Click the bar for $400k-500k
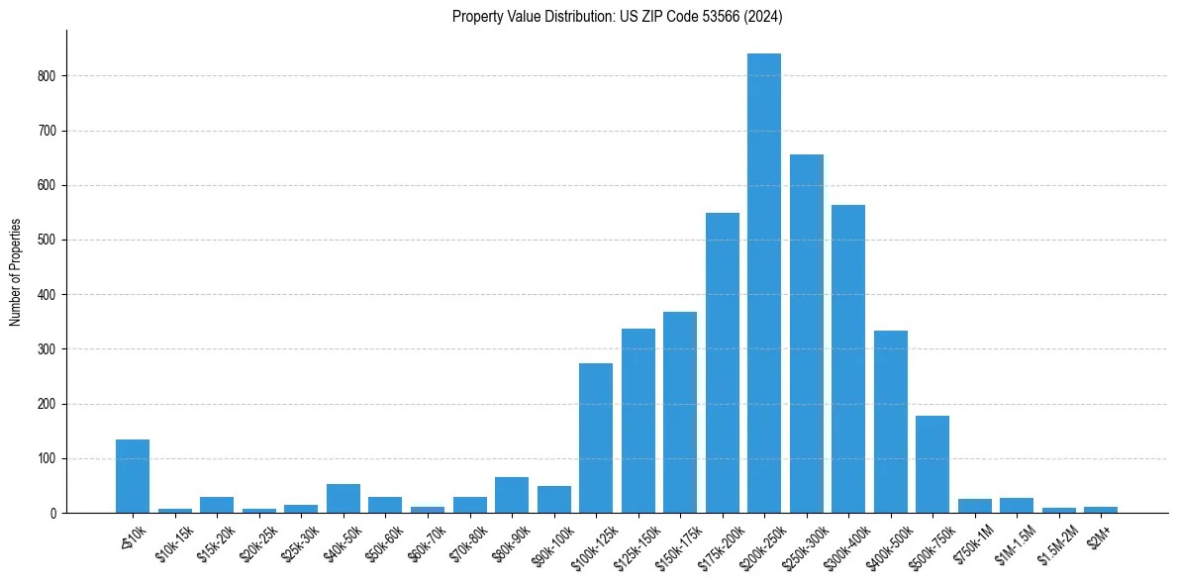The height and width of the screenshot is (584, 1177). (x=890, y=422)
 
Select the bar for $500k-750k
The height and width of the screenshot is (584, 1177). (x=932, y=464)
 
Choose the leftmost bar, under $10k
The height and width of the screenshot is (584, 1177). (x=133, y=476)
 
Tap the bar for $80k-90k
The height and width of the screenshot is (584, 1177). (x=512, y=495)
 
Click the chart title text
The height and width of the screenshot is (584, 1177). (x=618, y=17)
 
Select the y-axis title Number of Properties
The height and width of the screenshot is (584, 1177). (x=16, y=272)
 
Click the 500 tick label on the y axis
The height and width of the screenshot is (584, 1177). (x=49, y=241)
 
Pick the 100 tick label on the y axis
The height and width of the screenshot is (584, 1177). (x=49, y=459)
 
